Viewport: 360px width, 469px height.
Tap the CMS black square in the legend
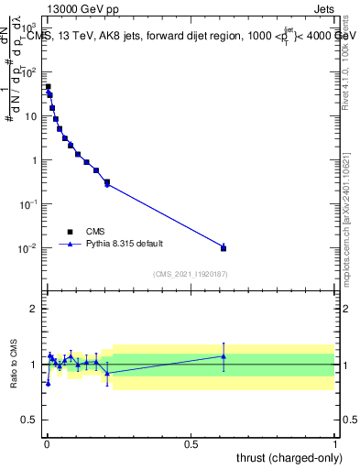pyautogui.click(x=70, y=232)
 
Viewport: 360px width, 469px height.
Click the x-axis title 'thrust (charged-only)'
pyautogui.click(x=286, y=457)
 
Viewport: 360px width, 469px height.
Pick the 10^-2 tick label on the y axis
pyautogui.click(x=29, y=248)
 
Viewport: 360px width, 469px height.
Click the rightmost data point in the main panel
pyautogui.click(x=224, y=247)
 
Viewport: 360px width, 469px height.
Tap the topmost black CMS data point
pyautogui.click(x=48, y=87)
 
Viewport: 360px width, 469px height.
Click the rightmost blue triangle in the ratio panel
pyautogui.click(x=224, y=355)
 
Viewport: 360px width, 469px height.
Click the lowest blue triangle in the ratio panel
pyautogui.click(x=48, y=383)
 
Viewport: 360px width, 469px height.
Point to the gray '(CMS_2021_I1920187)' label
pyautogui.click(x=191, y=273)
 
